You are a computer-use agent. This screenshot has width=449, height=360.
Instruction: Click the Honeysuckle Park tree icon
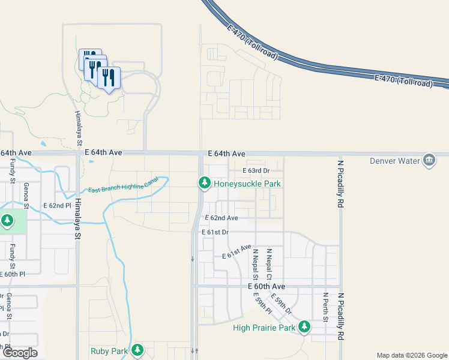pyautogui.click(x=204, y=182)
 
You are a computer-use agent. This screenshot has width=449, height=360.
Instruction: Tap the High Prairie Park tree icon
pyautogui.click(x=304, y=327)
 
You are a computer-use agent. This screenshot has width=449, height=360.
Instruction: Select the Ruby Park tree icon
pyautogui.click(x=138, y=350)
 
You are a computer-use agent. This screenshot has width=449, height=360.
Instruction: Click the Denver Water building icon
pyautogui.click(x=429, y=160)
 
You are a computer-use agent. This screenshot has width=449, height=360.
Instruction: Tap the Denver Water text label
pyautogui.click(x=393, y=161)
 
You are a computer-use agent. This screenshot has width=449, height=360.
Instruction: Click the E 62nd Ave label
pyautogui.click(x=221, y=218)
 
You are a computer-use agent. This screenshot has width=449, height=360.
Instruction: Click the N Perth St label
pyautogui.click(x=325, y=307)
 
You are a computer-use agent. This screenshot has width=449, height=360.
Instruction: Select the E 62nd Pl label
pyautogui.click(x=58, y=205)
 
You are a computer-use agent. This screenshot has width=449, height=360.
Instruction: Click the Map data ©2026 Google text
pyautogui.click(x=411, y=355)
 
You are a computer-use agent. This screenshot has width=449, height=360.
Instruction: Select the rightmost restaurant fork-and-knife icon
pyautogui.click(x=109, y=77)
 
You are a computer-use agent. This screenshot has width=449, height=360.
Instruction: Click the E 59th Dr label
pyautogui.click(x=281, y=304)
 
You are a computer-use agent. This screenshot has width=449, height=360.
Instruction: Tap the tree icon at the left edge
pyautogui.click(x=7, y=221)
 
